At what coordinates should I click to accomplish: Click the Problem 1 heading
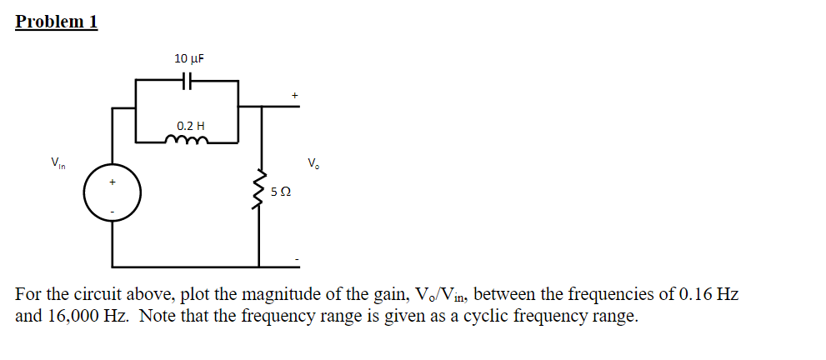(x=56, y=22)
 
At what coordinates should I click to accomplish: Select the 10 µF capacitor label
(x=189, y=58)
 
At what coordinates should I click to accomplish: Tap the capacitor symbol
(x=188, y=81)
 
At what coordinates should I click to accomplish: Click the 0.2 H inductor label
(x=190, y=127)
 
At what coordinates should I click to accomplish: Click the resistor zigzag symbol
(x=260, y=191)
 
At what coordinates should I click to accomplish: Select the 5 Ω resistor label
(x=281, y=192)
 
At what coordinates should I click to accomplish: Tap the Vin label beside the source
(x=58, y=162)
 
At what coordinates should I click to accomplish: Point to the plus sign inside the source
(x=113, y=180)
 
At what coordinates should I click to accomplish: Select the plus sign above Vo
(x=294, y=95)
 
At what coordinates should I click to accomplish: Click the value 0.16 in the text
(x=697, y=295)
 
